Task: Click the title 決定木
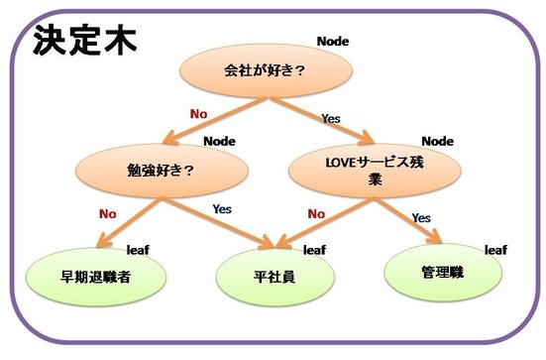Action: click(x=83, y=39)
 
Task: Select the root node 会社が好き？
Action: click(x=265, y=70)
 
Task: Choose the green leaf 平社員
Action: click(x=269, y=277)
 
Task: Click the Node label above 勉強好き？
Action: click(x=219, y=141)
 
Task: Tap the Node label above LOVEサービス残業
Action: click(x=437, y=141)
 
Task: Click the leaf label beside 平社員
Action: click(x=314, y=250)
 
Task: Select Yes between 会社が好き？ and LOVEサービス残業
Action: click(x=331, y=118)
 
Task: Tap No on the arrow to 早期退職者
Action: click(x=108, y=211)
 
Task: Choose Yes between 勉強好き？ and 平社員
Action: click(x=222, y=209)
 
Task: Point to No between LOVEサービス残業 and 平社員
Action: click(x=316, y=211)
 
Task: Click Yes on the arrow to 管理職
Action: click(x=421, y=216)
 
